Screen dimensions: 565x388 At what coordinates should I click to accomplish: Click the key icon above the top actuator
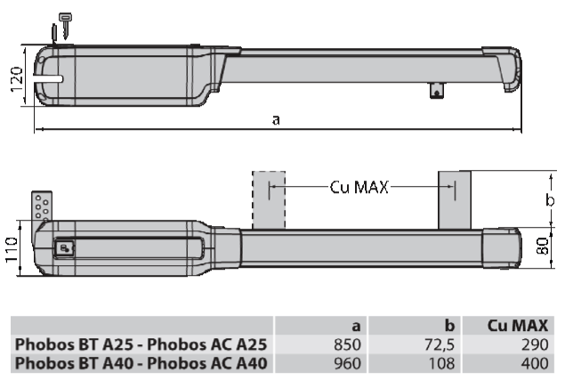tap(65, 25)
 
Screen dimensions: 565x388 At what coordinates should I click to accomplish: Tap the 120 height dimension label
tap(17, 79)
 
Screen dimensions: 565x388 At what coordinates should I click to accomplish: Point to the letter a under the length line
tap(276, 119)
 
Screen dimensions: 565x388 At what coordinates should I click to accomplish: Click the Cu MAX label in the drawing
tap(359, 187)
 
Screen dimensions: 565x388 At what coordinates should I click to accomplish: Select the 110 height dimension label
tap(12, 249)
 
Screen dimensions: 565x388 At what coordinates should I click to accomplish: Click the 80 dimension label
tap(543, 246)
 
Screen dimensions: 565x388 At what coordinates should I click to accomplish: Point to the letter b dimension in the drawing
tap(550, 199)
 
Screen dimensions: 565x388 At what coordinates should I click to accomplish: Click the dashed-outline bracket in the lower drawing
tap(269, 200)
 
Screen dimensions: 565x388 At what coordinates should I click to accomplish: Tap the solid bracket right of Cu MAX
tap(455, 200)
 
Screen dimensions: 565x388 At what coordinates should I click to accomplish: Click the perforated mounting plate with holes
tap(42, 206)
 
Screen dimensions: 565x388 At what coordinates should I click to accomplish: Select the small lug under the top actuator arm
tap(437, 90)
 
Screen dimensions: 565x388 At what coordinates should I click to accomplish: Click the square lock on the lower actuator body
tap(64, 248)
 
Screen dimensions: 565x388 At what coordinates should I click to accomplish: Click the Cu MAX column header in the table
tap(518, 326)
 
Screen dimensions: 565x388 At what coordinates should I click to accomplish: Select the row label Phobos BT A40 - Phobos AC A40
tap(141, 363)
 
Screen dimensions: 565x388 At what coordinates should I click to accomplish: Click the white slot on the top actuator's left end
tap(49, 79)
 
